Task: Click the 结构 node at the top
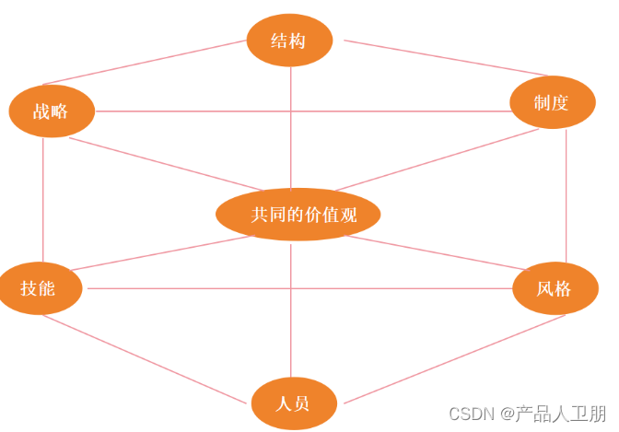click(289, 41)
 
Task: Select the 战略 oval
click(53, 111)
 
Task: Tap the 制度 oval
click(552, 102)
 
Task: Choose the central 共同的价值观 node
click(298, 215)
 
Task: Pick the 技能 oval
click(40, 288)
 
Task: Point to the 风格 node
click(555, 288)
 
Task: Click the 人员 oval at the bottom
click(294, 403)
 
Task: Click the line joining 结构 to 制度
click(433, 57)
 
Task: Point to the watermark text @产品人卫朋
click(553, 414)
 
